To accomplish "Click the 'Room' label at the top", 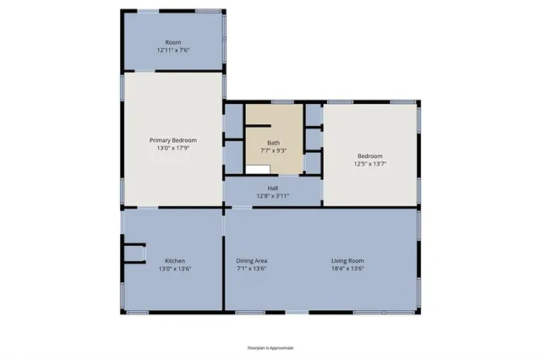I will pos(173,42).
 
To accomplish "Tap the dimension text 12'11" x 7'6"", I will pos(173,50).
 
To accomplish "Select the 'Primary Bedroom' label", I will pos(173,140).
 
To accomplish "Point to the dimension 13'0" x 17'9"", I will pos(173,148).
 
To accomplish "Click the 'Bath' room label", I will pos(273,143).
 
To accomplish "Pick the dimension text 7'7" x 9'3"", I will pos(273,150).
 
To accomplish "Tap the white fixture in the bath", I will pos(257,169).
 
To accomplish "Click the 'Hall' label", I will pos(272,188).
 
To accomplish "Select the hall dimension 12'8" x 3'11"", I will pos(272,196).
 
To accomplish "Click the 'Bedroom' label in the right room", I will pos(369,155).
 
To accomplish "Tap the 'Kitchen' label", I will pos(174,260).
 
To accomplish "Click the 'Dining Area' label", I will pos(251,260).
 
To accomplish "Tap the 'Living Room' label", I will pos(347,260).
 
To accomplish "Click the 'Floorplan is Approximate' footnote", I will pos(270,347).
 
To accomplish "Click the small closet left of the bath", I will pos(233,123).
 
